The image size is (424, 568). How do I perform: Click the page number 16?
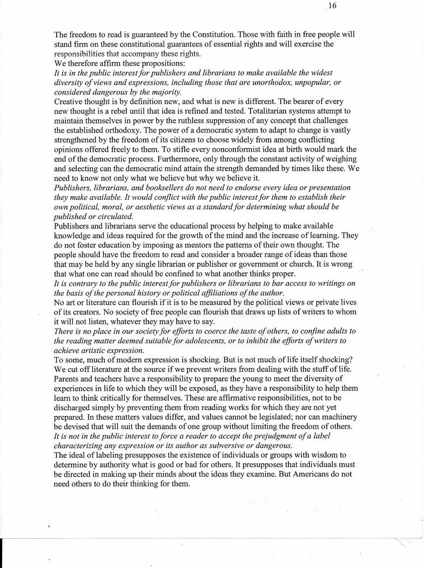click(332, 6)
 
